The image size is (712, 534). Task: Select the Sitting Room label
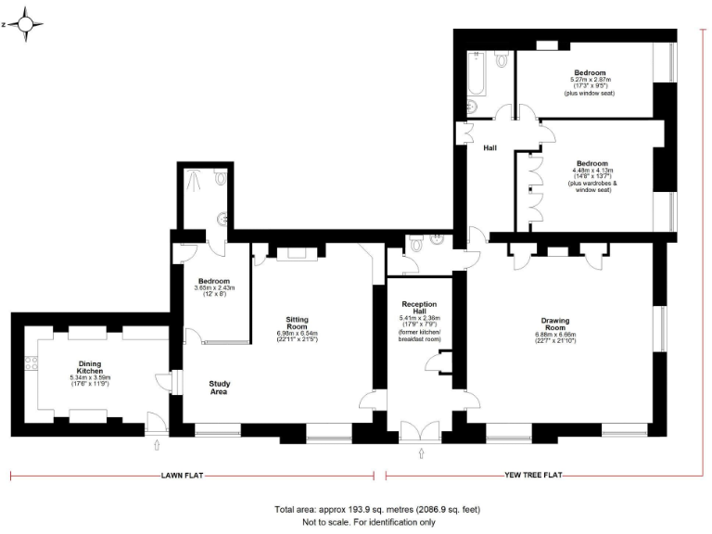tap(297, 322)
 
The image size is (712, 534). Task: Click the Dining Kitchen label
tap(90, 367)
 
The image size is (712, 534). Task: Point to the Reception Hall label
tap(420, 308)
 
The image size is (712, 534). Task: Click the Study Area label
tap(220, 388)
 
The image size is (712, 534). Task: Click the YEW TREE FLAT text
tap(533, 476)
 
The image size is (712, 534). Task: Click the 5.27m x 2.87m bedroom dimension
tap(590, 80)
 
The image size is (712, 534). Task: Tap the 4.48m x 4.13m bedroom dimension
tap(592, 171)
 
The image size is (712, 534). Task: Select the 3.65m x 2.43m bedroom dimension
tap(214, 287)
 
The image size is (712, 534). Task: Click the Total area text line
tap(376, 510)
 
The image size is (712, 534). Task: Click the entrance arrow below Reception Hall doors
tap(422, 454)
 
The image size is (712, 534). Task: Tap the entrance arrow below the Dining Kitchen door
tap(156, 445)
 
